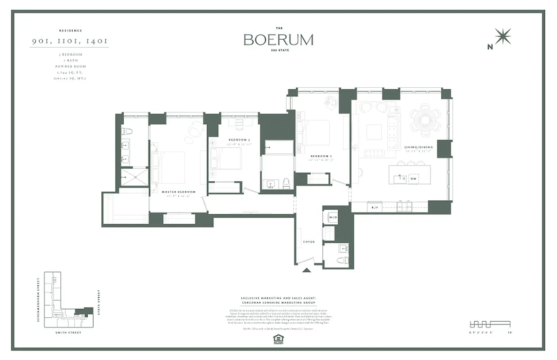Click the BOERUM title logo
[x=278, y=40]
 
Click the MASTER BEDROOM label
[x=178, y=192]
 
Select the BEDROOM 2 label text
[x=239, y=140]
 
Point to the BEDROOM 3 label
[x=320, y=157]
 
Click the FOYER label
[x=309, y=242]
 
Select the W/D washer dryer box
[x=333, y=217]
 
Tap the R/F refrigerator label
[x=374, y=207]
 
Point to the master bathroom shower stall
[x=135, y=177]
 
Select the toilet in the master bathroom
[x=127, y=131]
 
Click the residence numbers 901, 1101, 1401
[x=70, y=41]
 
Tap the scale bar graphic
[x=489, y=324]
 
